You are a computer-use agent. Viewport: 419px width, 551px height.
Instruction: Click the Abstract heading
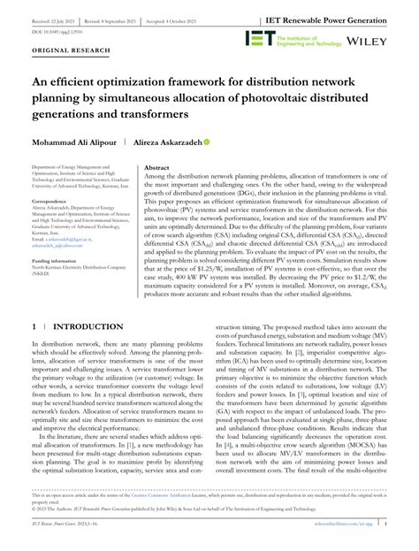coord(156,166)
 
